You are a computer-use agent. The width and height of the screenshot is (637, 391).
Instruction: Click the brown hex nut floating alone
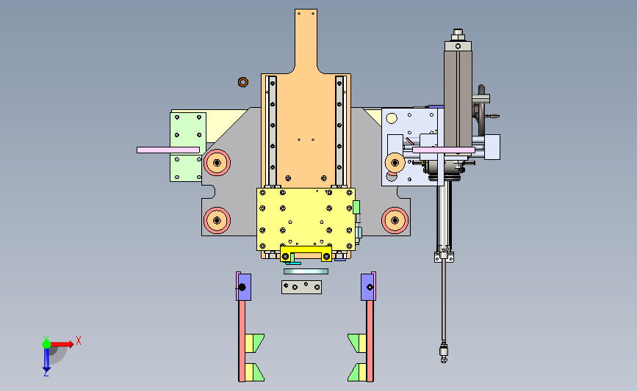pos(243,82)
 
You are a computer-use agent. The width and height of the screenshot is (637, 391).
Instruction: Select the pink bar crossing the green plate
pos(168,150)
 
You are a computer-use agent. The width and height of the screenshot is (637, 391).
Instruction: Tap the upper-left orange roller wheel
pos(217,163)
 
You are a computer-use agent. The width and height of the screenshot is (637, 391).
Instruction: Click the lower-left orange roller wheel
pos(217,220)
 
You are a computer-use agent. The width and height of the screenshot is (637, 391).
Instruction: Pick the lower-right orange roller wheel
pos(395,220)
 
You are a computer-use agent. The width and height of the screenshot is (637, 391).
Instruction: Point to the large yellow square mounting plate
pos(306,219)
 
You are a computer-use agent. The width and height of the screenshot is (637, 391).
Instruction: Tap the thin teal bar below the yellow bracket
pos(306,271)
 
